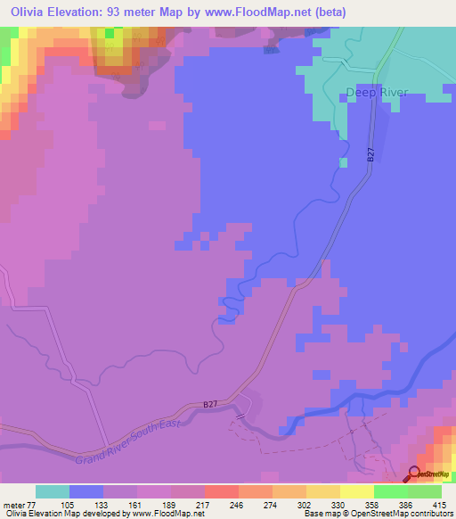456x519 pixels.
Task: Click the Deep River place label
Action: (377, 91)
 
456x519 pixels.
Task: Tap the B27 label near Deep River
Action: (370, 155)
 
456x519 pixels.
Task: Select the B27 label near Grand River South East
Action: (210, 404)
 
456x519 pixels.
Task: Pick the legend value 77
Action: (33, 504)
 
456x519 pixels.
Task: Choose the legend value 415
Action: (437, 504)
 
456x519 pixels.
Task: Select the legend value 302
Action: (305, 504)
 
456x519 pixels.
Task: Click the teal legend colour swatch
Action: (53, 491)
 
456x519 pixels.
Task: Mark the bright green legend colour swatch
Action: (391, 491)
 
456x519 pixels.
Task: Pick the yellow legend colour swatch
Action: (357, 491)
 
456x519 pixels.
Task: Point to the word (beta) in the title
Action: (326, 12)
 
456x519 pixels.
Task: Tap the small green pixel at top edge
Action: (110, 33)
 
